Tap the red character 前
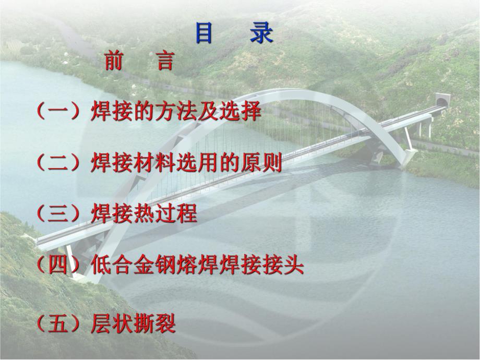(114, 62)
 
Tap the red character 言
(165, 62)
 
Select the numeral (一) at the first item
(58, 112)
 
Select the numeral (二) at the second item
(58, 163)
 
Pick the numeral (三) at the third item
(58, 214)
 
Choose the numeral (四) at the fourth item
(58, 267)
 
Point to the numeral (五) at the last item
(58, 324)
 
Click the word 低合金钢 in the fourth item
(133, 267)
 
